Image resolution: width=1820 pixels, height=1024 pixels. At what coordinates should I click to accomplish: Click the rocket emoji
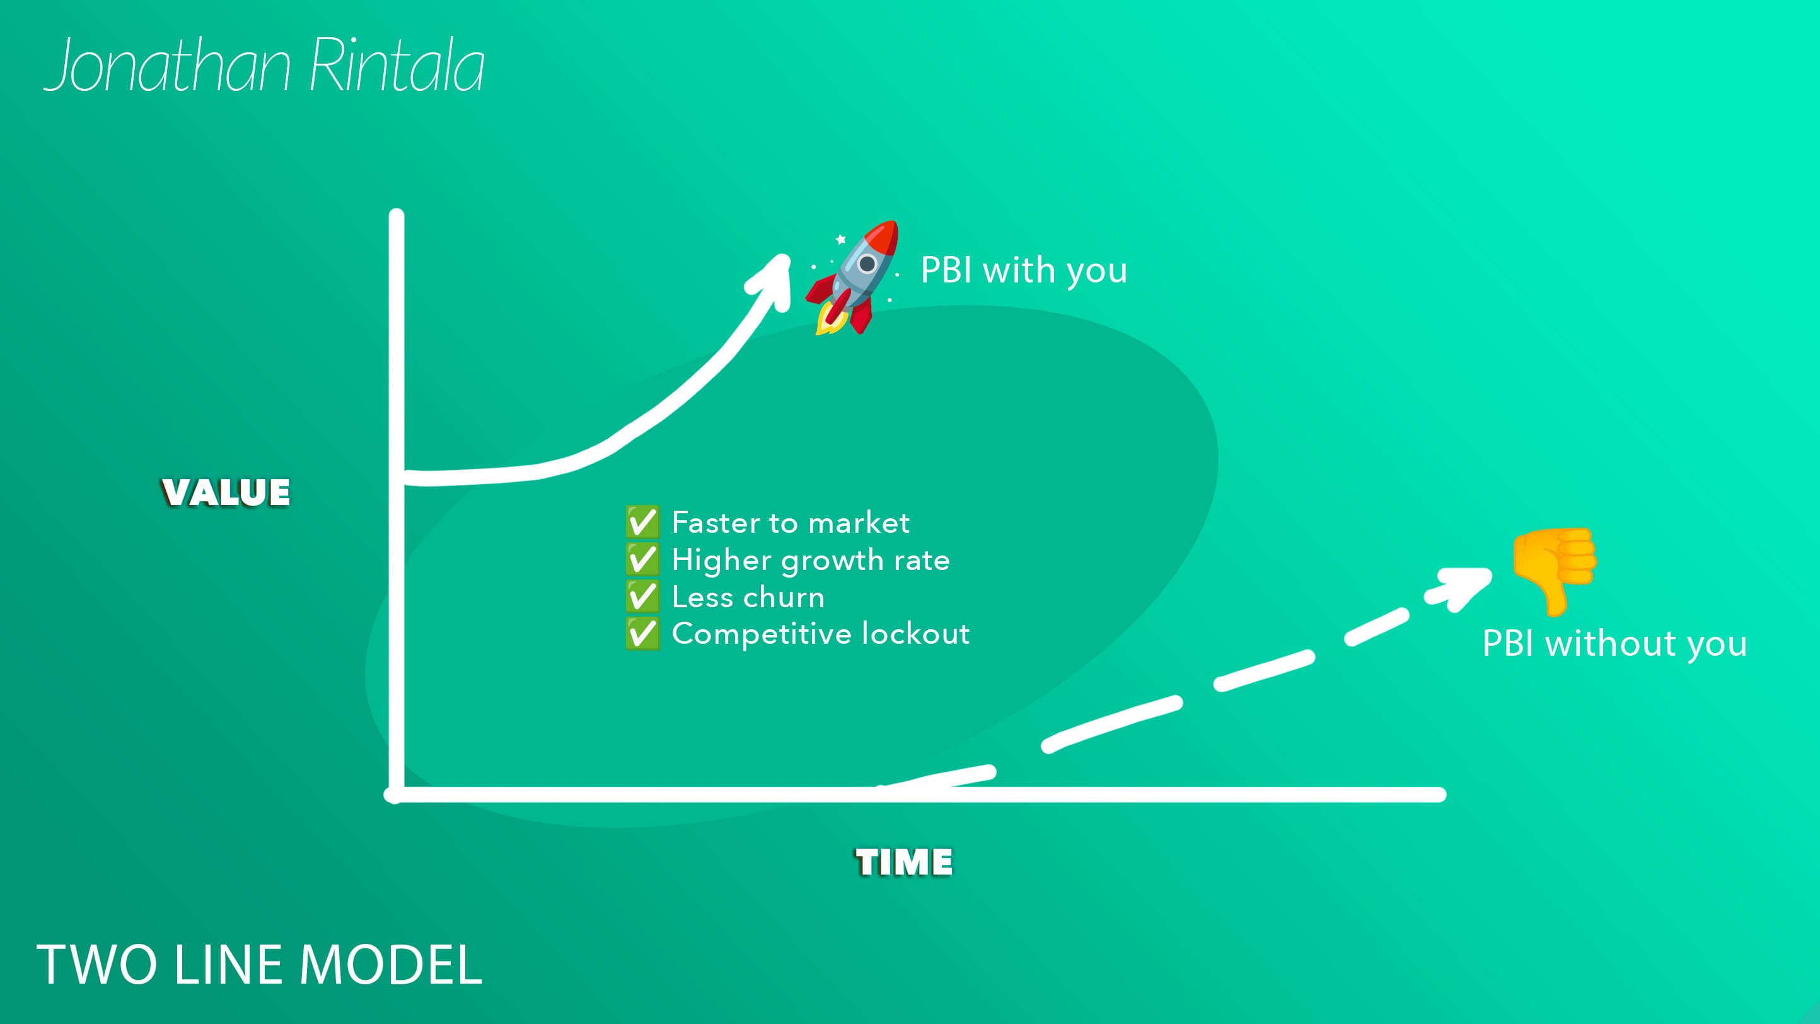click(x=853, y=277)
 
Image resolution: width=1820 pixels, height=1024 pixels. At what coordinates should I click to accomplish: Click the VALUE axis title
click(x=226, y=492)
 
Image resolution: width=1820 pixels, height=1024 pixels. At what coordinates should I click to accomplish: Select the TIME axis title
click(x=903, y=862)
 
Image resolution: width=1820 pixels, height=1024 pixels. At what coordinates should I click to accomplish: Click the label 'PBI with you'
click(x=1024, y=270)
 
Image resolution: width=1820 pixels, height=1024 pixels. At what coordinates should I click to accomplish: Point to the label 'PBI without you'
click(x=1614, y=644)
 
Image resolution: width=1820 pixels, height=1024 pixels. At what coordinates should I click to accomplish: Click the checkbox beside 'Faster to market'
click(x=642, y=522)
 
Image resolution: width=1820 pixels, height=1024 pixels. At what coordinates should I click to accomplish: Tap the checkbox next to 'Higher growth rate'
click(x=642, y=559)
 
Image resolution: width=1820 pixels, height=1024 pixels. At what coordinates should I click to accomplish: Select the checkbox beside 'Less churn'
click(x=642, y=596)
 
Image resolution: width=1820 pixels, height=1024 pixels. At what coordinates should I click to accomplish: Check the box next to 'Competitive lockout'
click(x=642, y=633)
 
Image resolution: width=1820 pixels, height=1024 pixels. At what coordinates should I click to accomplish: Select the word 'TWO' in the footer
click(x=97, y=965)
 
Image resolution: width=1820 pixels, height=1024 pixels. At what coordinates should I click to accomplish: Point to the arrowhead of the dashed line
click(x=1464, y=586)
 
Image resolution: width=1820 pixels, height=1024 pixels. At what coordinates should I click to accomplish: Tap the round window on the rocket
click(x=867, y=264)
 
